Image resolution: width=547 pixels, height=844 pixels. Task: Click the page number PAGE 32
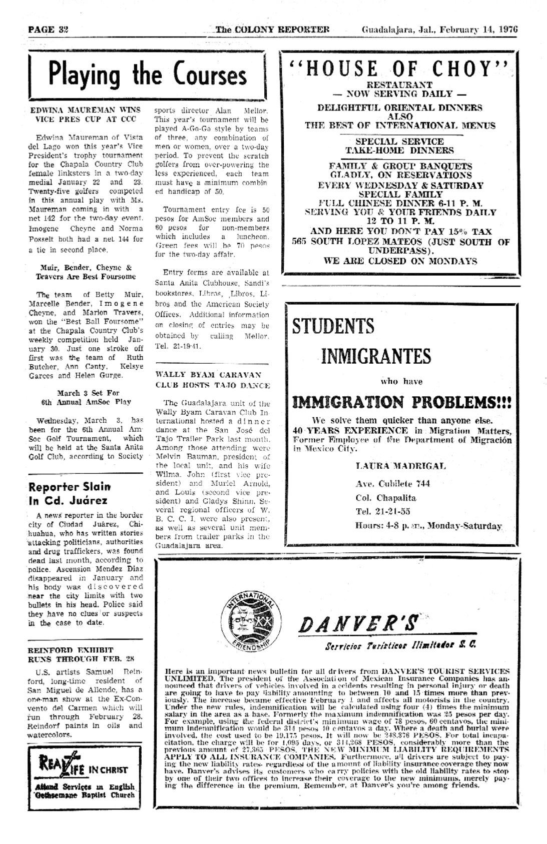(48, 29)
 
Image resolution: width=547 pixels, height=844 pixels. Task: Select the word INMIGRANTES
(376, 357)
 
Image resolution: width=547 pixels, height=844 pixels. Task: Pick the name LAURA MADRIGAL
(400, 466)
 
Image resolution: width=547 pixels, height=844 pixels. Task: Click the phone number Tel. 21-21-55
(383, 511)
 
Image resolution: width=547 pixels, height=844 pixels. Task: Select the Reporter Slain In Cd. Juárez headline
(69, 493)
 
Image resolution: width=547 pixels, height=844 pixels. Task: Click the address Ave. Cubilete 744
(392, 484)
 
